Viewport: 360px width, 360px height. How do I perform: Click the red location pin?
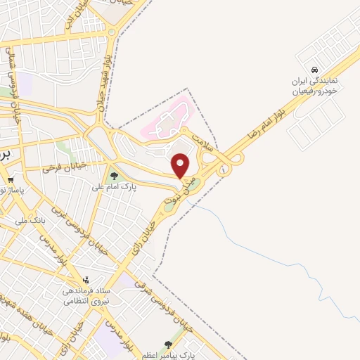click(x=181, y=166)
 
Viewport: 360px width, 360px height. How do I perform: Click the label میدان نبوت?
click(x=179, y=191)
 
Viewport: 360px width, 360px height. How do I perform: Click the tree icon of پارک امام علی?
click(x=114, y=176)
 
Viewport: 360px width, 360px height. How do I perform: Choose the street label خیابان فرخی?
click(x=63, y=167)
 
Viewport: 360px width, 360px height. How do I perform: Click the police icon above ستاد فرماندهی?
click(x=86, y=280)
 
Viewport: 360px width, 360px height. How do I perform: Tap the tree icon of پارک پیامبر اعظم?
click(x=167, y=345)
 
